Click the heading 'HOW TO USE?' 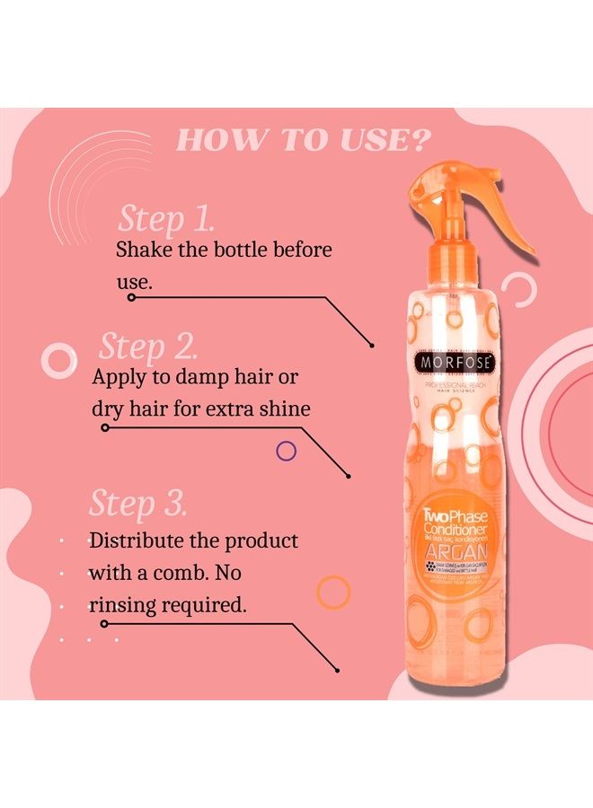(302, 139)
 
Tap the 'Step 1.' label (166, 219)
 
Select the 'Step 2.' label (147, 347)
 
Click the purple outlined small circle (287, 451)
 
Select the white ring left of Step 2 (59, 362)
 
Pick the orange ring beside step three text (334, 592)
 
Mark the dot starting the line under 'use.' (132, 297)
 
